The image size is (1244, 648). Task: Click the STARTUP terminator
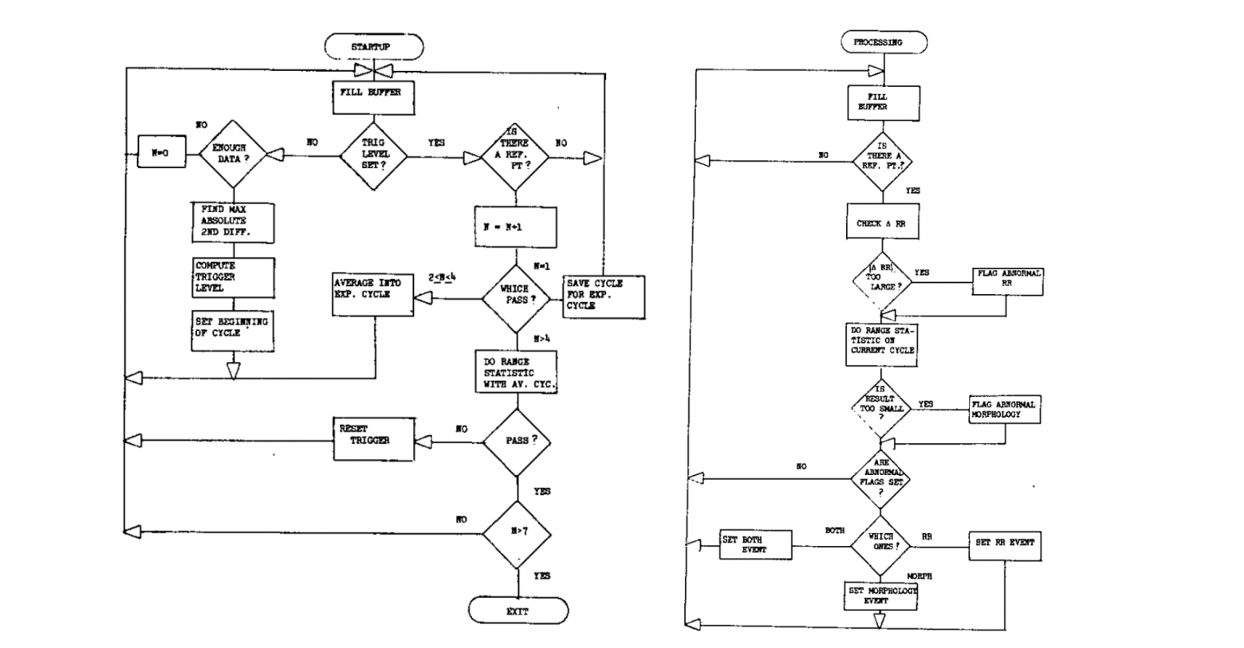pos(371,48)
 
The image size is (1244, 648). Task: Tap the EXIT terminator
pos(518,611)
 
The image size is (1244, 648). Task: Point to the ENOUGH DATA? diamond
pos(230,153)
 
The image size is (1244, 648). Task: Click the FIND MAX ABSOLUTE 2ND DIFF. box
pos(230,222)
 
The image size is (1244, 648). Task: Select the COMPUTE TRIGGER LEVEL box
pos(234,277)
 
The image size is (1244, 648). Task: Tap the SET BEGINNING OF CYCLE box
pos(233,328)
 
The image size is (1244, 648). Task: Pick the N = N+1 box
pos(514,226)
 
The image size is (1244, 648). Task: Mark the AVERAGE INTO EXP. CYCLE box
pos(373,294)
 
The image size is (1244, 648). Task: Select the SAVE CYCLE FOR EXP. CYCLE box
pos(604,297)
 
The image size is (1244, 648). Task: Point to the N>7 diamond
pos(517,532)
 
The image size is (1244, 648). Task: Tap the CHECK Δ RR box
pos(881,224)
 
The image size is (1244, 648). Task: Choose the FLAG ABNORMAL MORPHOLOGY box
pos(1005,410)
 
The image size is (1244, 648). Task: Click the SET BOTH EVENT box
pos(754,544)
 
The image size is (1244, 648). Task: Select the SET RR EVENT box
pos(1005,545)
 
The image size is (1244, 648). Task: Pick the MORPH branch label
pos(919,575)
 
